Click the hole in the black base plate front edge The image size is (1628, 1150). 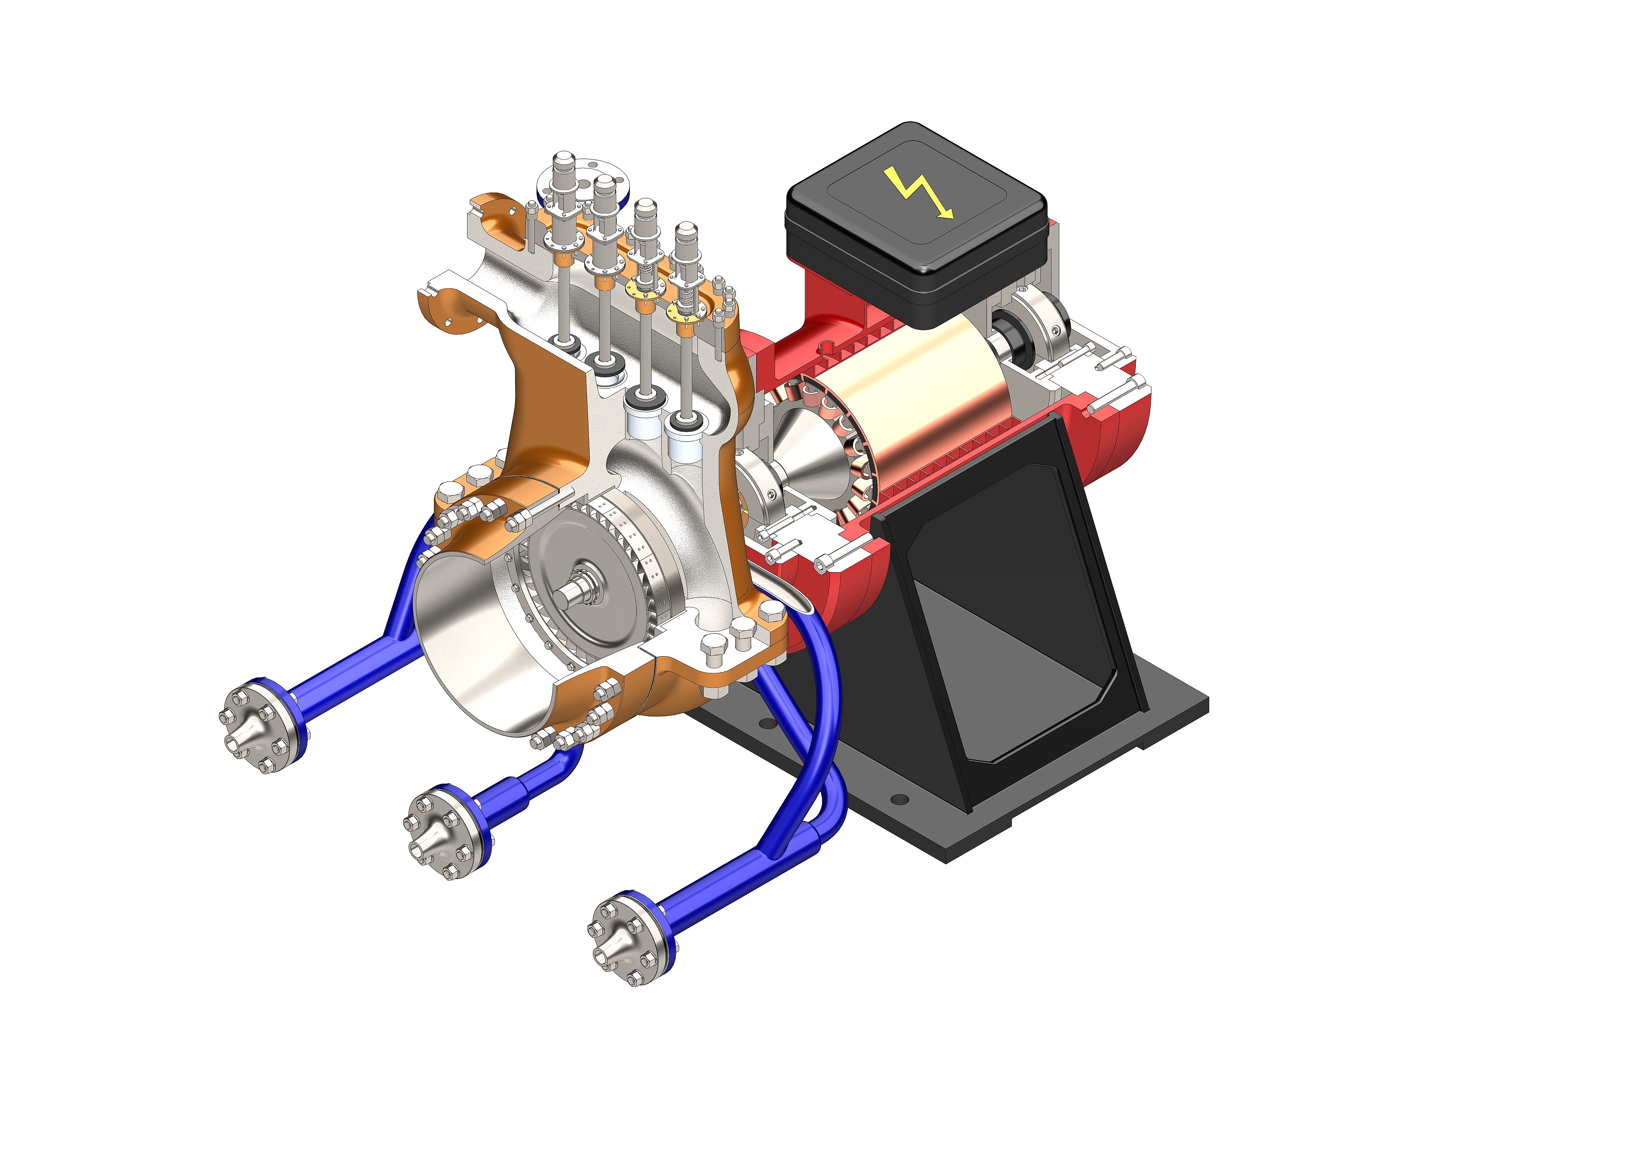coord(899,800)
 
